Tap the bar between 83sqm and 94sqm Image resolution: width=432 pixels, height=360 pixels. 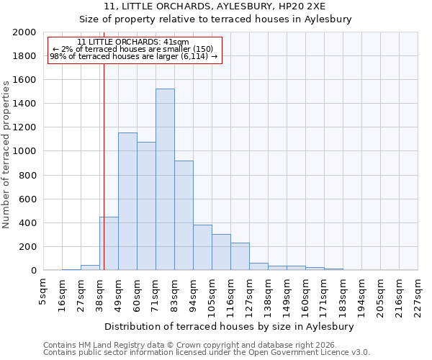tap(184, 215)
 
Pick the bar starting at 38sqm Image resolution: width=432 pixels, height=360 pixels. tap(109, 243)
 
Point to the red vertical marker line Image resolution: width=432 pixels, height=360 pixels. tap(104, 166)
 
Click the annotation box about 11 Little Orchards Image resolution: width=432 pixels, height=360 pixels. tap(133, 49)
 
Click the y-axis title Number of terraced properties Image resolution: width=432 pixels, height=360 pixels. tap(7, 154)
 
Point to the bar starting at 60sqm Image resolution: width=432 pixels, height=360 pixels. tap(146, 206)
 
